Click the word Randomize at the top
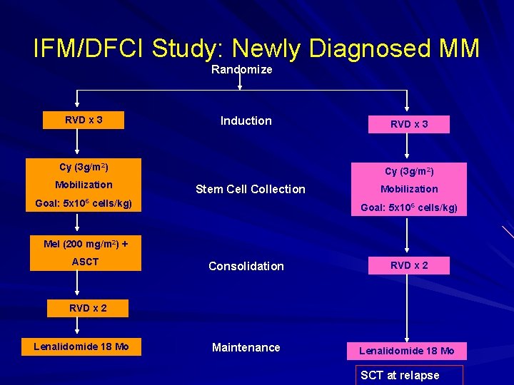(x=241, y=70)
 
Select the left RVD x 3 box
(x=84, y=120)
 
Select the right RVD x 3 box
(x=409, y=125)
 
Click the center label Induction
(x=246, y=121)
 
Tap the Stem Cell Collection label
(x=250, y=189)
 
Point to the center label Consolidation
(x=246, y=266)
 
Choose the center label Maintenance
(x=246, y=347)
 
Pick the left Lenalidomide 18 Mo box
(x=81, y=347)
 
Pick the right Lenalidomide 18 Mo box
(x=406, y=351)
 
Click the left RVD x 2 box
(x=88, y=308)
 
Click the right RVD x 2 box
(x=409, y=265)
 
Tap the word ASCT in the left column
(x=85, y=262)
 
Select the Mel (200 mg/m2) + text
(x=85, y=244)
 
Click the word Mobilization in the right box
(x=409, y=189)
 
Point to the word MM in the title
(x=455, y=48)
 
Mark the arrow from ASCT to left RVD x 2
(x=78, y=286)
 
